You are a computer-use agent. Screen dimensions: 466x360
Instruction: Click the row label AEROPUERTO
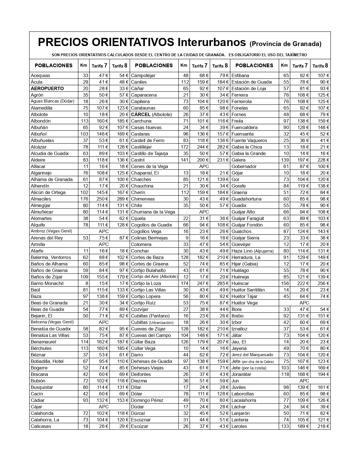tap(47, 88)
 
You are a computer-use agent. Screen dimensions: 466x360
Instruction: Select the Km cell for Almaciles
tap(84, 199)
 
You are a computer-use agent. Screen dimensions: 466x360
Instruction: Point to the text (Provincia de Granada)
tap(285, 44)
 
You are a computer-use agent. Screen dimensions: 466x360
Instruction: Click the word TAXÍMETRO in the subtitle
tap(293, 55)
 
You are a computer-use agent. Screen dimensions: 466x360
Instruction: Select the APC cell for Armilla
tap(104, 244)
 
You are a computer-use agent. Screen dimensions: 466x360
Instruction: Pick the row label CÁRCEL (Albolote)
tap(151, 114)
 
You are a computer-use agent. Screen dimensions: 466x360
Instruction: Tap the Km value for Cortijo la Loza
tap(184, 283)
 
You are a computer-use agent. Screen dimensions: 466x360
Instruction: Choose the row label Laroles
tap(239, 426)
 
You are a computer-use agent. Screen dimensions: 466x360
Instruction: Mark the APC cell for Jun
tap(304, 381)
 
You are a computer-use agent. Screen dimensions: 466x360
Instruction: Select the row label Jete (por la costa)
tap(249, 368)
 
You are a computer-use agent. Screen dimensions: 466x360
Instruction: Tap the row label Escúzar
tap(139, 426)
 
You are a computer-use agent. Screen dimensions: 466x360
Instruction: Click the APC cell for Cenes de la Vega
tap(204, 166)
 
